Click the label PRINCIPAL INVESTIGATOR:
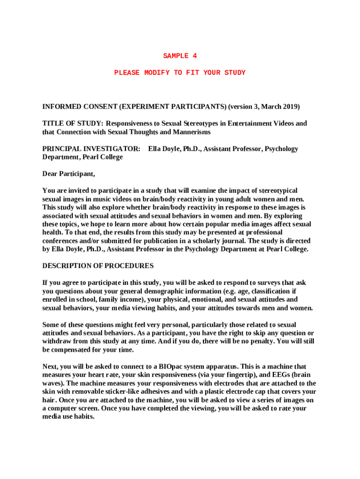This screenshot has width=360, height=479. pos(91,149)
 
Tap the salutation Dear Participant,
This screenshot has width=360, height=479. pos(69,174)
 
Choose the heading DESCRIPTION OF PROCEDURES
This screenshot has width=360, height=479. pos(98,266)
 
